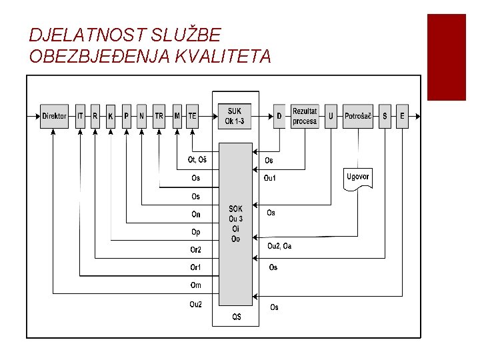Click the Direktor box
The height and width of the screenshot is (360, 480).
point(54,116)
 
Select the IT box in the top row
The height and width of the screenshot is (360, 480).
point(81,116)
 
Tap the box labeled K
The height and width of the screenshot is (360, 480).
point(111,116)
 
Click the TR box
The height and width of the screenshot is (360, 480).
point(159,116)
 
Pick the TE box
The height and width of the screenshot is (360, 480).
point(192,116)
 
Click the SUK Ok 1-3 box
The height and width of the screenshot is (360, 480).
point(235,116)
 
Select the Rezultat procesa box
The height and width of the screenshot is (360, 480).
point(305,116)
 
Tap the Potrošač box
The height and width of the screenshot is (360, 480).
point(358,116)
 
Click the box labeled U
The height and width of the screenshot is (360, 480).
point(331,116)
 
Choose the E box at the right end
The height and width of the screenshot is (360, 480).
point(402,116)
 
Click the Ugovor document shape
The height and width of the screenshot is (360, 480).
point(358,179)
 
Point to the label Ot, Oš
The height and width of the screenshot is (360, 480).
point(197,160)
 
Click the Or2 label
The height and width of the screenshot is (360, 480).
point(196,250)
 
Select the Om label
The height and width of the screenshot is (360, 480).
point(195,285)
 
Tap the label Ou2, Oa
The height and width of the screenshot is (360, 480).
point(279,246)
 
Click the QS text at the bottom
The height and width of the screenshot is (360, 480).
point(237,317)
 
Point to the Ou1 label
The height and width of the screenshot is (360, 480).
point(270,178)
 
